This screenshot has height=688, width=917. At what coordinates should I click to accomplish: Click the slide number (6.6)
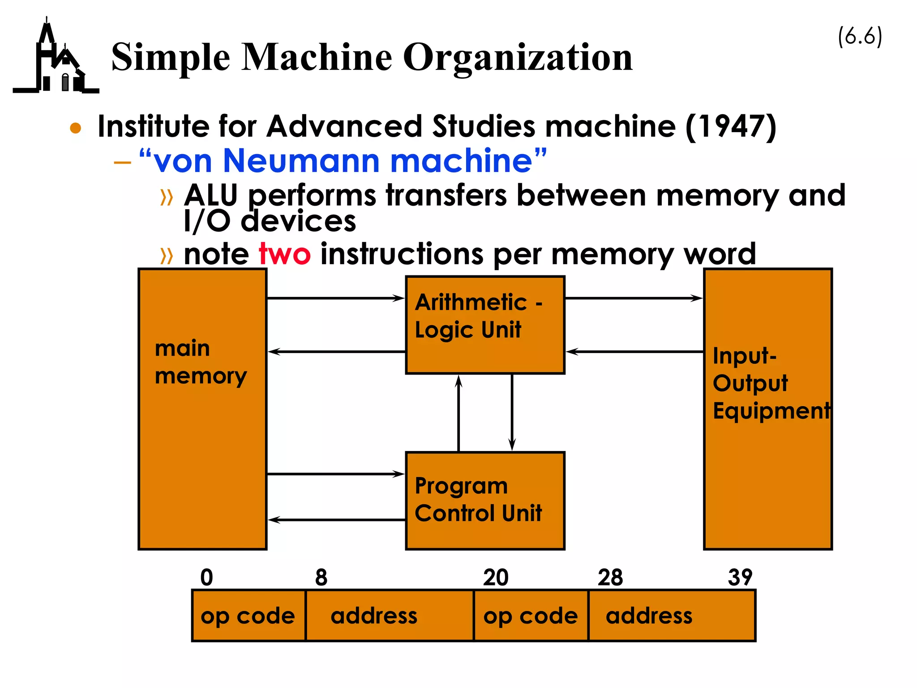click(x=860, y=36)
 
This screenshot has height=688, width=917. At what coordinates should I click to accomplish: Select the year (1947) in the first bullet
click(x=731, y=126)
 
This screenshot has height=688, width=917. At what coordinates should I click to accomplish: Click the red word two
click(x=285, y=254)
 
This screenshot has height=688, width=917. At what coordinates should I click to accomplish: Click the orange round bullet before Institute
click(x=76, y=128)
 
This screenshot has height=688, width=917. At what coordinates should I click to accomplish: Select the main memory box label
click(x=201, y=362)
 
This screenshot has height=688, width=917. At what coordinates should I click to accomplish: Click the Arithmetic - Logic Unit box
click(x=484, y=325)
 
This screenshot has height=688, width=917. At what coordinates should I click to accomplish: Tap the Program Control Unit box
click(x=484, y=500)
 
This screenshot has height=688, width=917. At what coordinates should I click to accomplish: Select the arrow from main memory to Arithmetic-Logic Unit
click(x=336, y=298)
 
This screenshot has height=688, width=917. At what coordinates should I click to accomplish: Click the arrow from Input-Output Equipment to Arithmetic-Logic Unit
click(x=634, y=352)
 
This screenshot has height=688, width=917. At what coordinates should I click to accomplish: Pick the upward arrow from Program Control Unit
click(x=458, y=412)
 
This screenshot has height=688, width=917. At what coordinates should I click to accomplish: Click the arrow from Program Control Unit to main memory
click(x=336, y=520)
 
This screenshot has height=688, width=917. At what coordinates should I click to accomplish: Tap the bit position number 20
click(x=495, y=577)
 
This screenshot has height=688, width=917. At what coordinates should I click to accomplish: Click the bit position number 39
click(x=740, y=577)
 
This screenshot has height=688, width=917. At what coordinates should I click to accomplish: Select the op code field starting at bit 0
click(x=248, y=616)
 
